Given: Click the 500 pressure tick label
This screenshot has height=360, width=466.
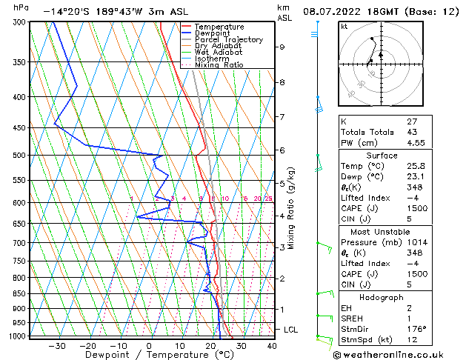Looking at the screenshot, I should [x=19, y=156].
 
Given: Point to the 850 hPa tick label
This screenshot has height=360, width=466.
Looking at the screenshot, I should [x=19, y=294].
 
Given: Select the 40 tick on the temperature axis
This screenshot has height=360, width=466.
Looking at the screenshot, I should [x=272, y=345].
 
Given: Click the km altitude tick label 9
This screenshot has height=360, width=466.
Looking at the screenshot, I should [x=282, y=47].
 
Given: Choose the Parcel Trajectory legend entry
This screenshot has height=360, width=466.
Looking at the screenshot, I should [x=229, y=40].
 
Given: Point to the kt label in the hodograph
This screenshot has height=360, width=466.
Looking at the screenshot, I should [x=344, y=27].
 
